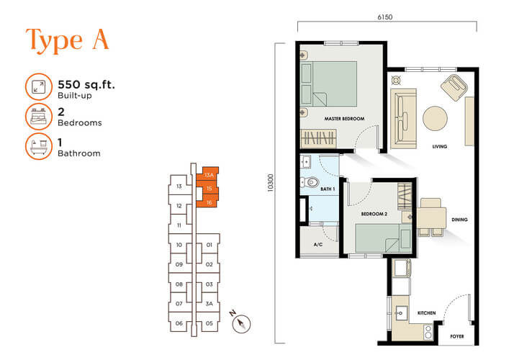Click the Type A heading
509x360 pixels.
[67, 40]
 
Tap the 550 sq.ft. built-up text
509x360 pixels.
[86, 89]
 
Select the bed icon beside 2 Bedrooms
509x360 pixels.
[39, 117]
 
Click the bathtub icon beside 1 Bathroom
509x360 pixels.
[39, 146]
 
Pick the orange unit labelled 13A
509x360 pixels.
[209, 175]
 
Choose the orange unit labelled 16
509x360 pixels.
[209, 202]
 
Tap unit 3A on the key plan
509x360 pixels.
[209, 304]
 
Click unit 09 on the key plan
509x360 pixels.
[179, 264]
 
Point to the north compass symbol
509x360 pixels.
[241, 323]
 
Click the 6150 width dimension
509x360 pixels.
[385, 17]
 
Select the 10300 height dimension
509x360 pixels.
[271, 183]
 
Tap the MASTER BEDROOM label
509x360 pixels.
[344, 119]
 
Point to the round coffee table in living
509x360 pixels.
[435, 119]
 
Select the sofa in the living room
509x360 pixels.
[403, 119]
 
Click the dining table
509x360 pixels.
[431, 217]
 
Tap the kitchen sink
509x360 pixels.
[400, 313]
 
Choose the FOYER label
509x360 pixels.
[457, 336]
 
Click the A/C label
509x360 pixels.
[318, 244]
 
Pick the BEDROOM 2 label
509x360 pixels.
[374, 214]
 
